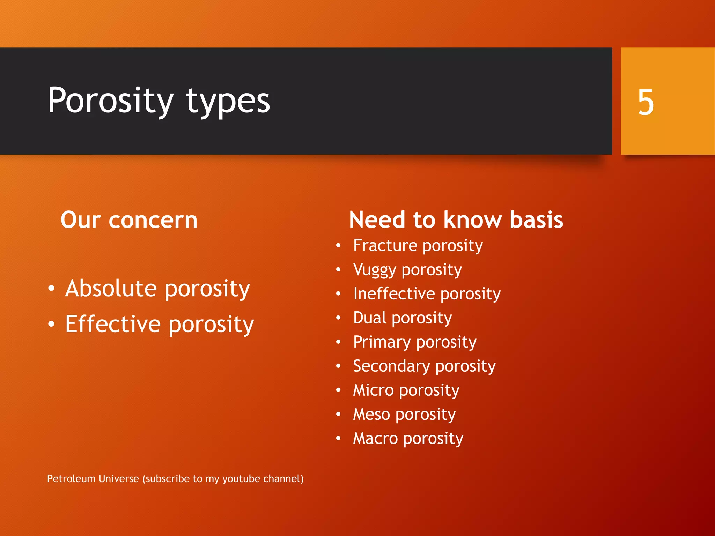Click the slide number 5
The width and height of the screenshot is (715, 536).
(646, 102)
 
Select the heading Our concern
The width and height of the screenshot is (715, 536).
(129, 220)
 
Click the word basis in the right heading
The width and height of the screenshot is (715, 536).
(536, 220)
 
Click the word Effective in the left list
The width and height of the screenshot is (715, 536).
(113, 324)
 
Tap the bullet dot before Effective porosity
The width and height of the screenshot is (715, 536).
(52, 324)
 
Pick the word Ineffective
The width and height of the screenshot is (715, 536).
(394, 293)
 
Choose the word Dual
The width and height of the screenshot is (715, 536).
(370, 318)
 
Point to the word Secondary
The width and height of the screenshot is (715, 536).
(391, 366)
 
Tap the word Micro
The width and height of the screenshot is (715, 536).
(373, 390)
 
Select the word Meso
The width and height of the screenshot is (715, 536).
(371, 414)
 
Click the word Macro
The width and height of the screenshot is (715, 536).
(375, 438)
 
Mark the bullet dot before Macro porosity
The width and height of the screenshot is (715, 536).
(338, 438)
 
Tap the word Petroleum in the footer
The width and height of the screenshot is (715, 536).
(71, 478)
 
